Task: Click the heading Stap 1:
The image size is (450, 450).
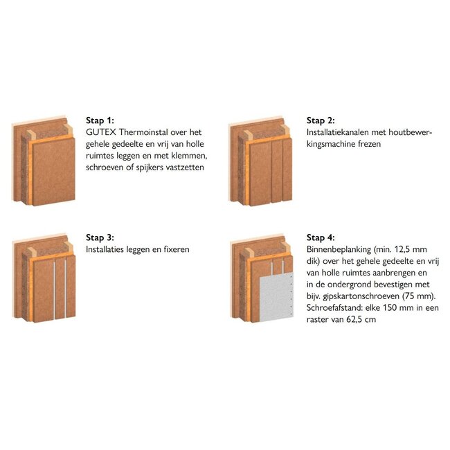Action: click(100, 120)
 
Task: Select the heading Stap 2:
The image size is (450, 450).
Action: click(321, 120)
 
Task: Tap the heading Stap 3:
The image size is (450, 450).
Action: click(100, 237)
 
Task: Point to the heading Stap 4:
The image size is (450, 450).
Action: click(321, 237)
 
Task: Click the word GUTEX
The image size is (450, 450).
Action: click(101, 132)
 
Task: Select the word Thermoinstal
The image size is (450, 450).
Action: click(143, 132)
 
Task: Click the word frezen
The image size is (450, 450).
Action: click(369, 144)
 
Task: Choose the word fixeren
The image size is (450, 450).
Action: click(177, 249)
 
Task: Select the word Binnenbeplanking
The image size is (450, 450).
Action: click(339, 249)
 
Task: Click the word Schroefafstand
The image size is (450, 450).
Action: click(334, 307)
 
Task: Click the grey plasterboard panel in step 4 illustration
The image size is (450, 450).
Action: click(276, 297)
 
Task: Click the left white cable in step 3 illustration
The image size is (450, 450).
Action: click(54, 290)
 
